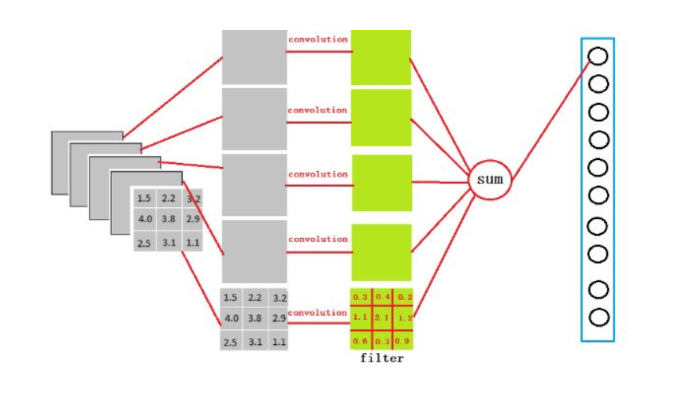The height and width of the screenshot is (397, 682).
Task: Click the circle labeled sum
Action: tap(490, 180)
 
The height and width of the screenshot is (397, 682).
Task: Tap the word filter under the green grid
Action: tap(382, 358)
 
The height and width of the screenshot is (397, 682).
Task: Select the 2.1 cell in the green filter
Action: tap(382, 317)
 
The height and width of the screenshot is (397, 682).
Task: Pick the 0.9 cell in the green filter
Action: tap(403, 340)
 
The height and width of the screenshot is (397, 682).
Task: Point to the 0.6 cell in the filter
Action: tap(361, 340)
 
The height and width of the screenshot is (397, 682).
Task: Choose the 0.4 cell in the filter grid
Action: tap(382, 296)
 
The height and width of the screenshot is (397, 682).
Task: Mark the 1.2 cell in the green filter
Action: tap(404, 317)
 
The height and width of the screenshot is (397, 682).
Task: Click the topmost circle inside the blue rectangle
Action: tap(598, 56)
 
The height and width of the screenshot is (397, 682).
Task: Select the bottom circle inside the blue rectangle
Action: tap(599, 317)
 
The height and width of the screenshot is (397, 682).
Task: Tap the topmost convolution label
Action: tap(318, 39)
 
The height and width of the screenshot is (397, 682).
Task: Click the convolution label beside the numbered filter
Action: tap(317, 313)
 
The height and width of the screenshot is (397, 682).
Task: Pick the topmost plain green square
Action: tap(381, 58)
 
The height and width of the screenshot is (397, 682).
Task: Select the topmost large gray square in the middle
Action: tap(254, 57)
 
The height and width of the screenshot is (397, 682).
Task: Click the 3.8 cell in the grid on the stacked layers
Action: tap(169, 219)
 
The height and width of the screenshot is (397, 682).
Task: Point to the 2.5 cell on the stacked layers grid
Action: tap(144, 243)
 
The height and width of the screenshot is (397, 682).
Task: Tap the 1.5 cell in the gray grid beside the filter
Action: tap(230, 298)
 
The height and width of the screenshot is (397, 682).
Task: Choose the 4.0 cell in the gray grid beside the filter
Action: tap(231, 318)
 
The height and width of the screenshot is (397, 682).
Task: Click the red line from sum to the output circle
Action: tap(550, 121)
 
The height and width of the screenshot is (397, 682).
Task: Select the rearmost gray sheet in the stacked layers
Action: tap(87, 162)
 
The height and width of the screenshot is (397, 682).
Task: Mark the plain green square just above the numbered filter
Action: tap(381, 252)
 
